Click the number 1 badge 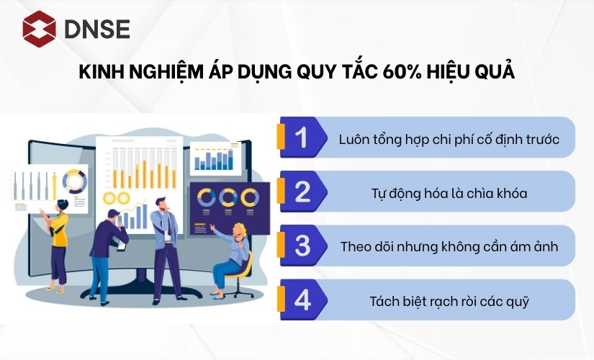click(302, 138)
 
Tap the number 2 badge click(302, 192)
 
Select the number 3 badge click(302, 246)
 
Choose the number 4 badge click(302, 300)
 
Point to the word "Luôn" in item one click(354, 138)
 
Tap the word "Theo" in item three click(356, 246)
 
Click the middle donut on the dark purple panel click(229, 197)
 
